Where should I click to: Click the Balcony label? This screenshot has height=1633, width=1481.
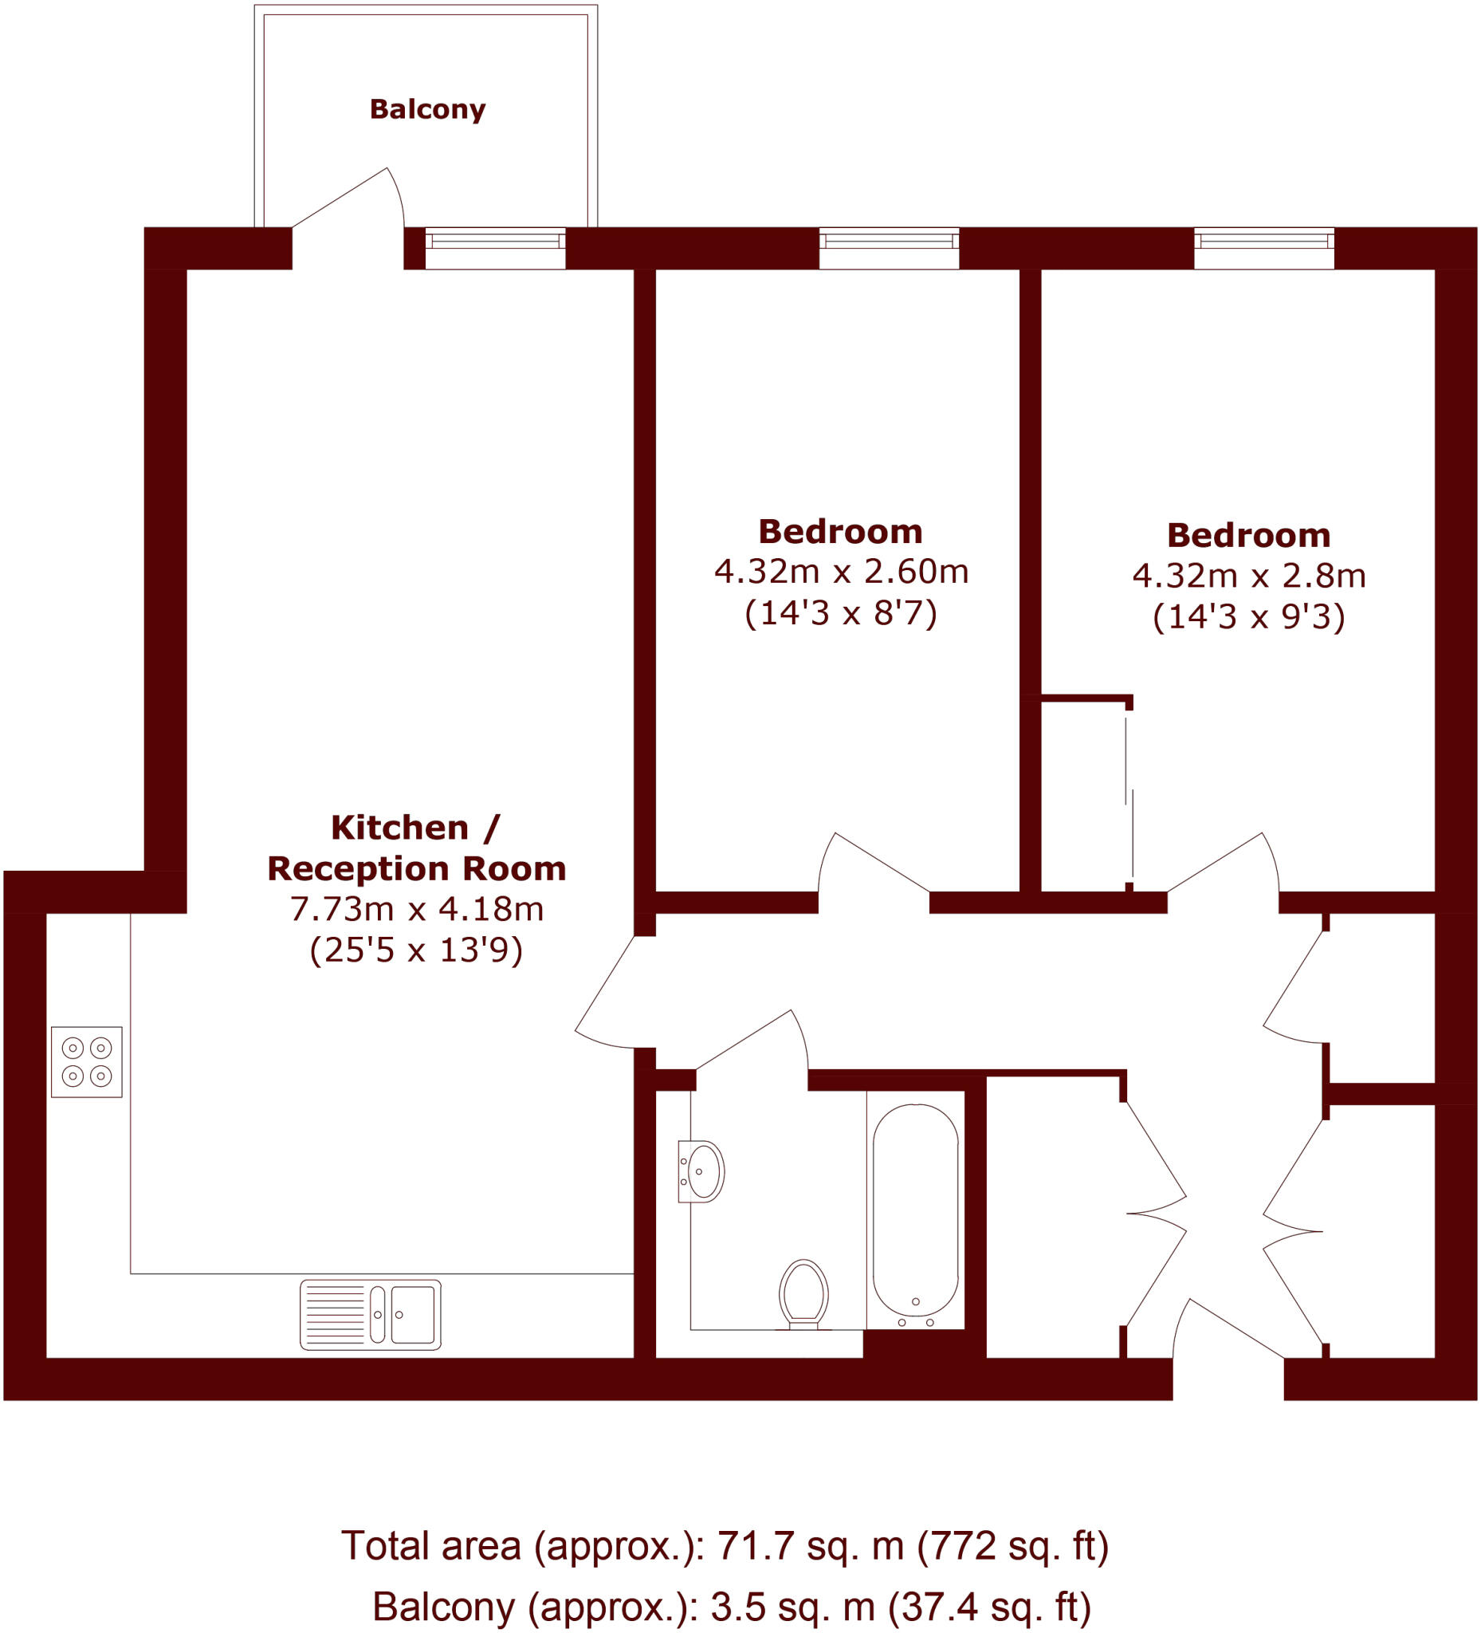tap(427, 109)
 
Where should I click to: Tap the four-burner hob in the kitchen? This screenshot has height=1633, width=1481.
tap(87, 1062)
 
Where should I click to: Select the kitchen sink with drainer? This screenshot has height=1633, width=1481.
tap(370, 1315)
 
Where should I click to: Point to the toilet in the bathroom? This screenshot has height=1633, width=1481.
tap(803, 1294)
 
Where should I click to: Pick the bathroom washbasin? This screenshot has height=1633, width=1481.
tap(701, 1171)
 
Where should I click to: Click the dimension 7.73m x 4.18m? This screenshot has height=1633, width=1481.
tap(416, 909)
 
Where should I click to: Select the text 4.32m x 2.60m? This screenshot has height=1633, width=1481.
tap(840, 572)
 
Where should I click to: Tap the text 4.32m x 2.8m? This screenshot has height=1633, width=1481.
tap(1248, 576)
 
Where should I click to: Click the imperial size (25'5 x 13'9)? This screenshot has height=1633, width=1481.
tap(416, 950)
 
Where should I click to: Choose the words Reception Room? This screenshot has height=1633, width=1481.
tap(416, 868)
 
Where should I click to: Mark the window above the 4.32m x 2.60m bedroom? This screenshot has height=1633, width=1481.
tap(889, 248)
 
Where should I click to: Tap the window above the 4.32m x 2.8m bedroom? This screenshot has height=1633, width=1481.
tap(1264, 248)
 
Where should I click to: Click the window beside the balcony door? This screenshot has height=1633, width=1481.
tap(496, 248)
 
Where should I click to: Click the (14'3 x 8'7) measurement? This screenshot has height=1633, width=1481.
tap(840, 613)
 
